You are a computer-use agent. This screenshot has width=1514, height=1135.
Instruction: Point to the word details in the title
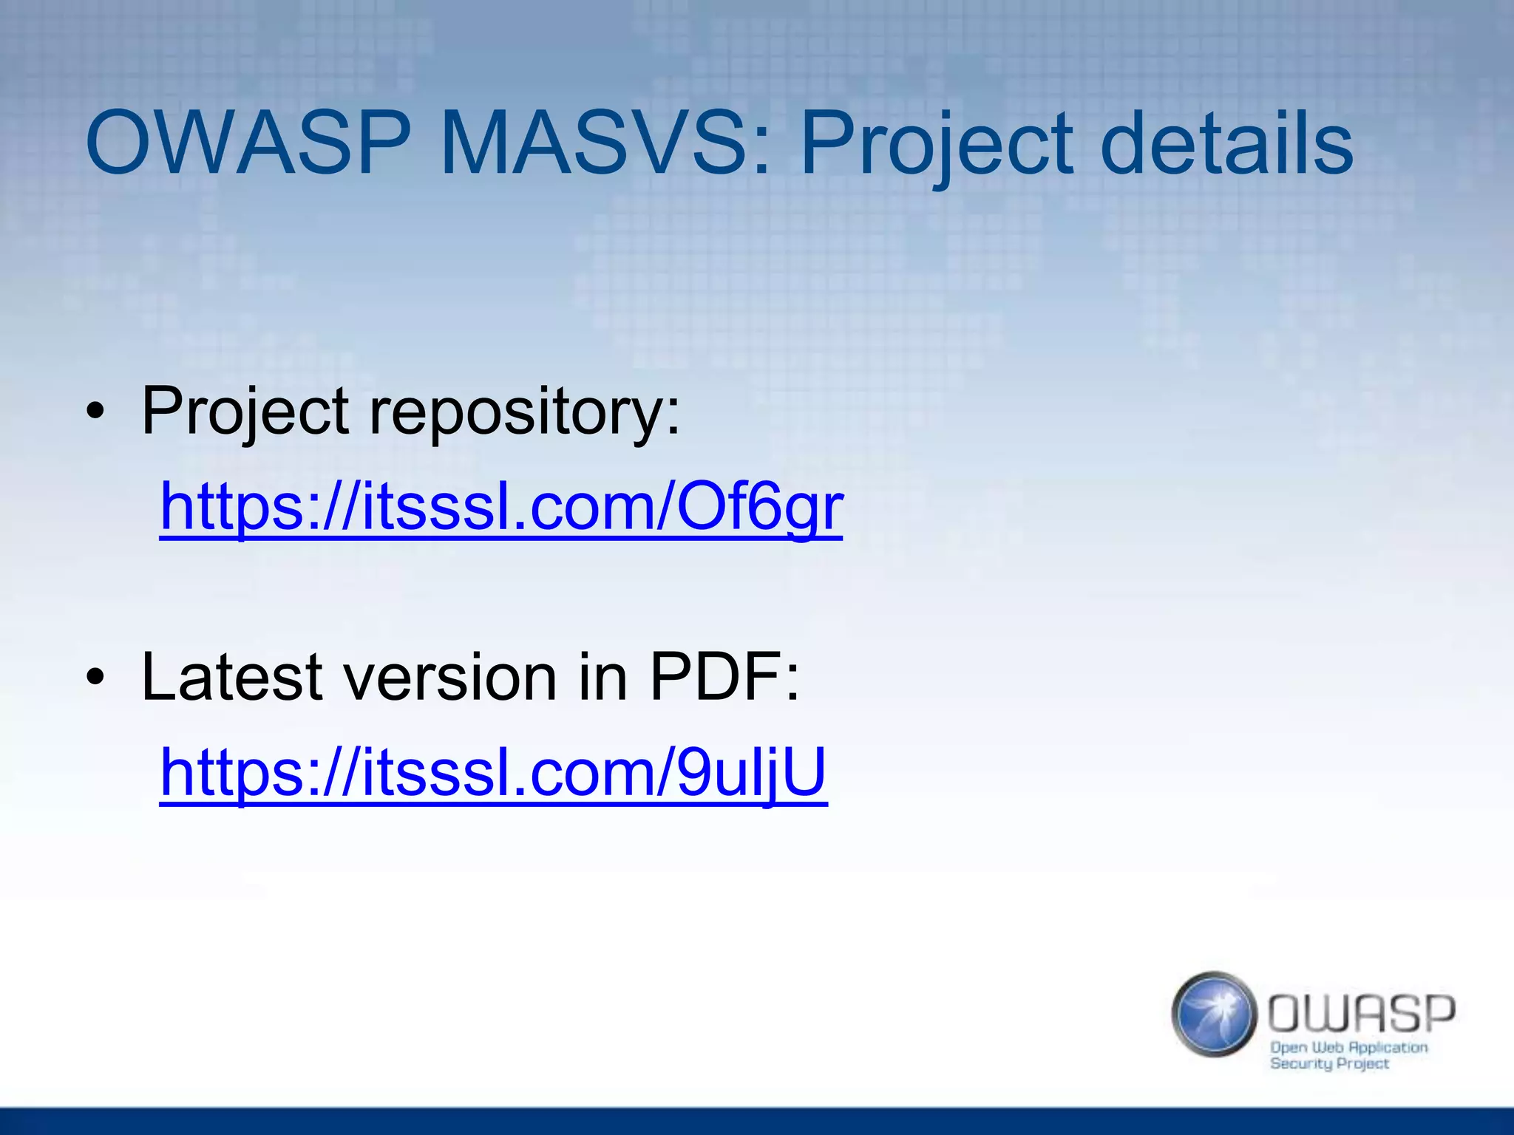(x=1226, y=144)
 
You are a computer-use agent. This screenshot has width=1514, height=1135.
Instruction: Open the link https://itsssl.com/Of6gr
(x=501, y=508)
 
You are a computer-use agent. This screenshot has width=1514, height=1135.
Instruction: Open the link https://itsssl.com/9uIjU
(x=493, y=773)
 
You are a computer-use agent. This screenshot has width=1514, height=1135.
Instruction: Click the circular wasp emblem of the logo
(x=1214, y=1014)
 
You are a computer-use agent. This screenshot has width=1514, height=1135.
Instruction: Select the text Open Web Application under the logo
(x=1348, y=1047)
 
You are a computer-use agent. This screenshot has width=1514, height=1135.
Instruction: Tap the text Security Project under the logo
(x=1329, y=1064)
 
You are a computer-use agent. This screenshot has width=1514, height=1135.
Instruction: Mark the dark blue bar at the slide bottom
(x=757, y=1121)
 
